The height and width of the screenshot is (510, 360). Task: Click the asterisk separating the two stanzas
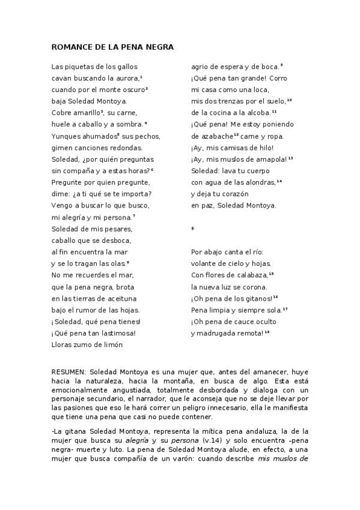click(193, 229)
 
